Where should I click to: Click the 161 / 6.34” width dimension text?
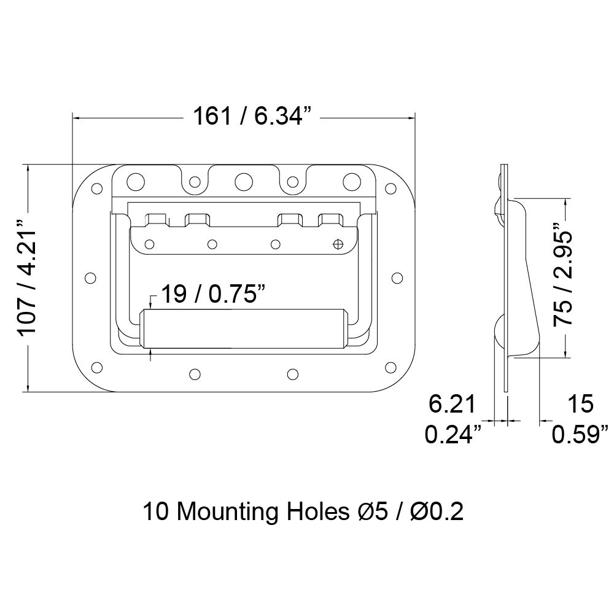point(252,116)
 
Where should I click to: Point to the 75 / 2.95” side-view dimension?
point(562,274)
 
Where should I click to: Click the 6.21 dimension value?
point(452,404)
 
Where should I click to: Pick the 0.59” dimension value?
point(580,434)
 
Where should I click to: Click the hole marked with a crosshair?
point(338,244)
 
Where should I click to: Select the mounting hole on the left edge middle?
point(90,278)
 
